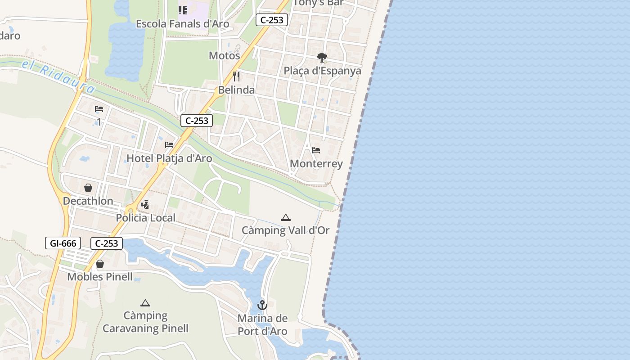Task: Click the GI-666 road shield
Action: pos(63,243)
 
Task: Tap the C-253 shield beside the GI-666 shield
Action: pos(107,243)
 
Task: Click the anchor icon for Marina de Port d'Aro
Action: pos(262,306)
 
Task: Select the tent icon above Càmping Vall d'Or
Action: pos(286,218)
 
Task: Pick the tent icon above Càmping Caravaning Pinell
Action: pos(145,303)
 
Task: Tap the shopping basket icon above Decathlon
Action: pos(88,188)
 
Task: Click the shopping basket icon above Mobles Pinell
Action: pos(100,264)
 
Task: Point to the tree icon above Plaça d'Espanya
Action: pos(322,58)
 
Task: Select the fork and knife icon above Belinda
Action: pos(236,76)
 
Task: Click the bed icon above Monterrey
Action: pos(316,150)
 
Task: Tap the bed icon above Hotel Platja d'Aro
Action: pos(169,145)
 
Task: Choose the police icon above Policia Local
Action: pos(145,205)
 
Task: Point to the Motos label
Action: pos(225,56)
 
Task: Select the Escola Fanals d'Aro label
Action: pos(183,24)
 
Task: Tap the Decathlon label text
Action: pos(88,201)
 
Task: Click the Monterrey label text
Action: pos(316,164)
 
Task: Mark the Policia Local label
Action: pos(146,218)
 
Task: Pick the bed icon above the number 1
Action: pos(99,109)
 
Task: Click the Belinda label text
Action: pos(236,90)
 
